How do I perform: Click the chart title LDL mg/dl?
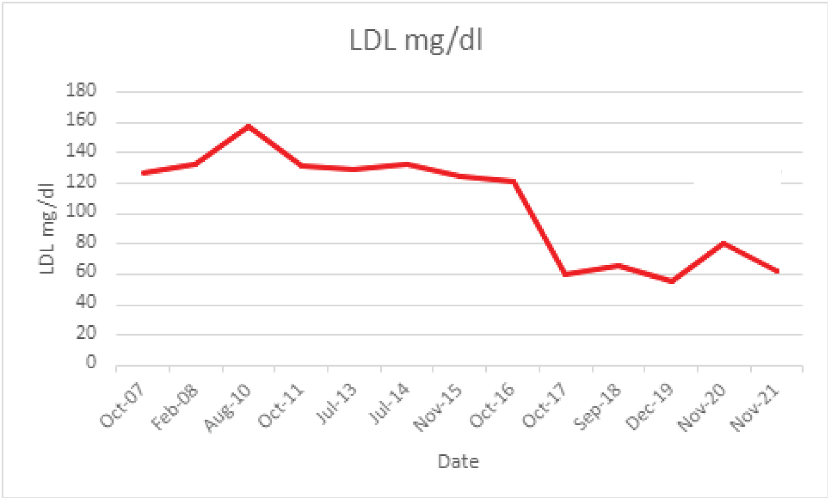[x=416, y=40]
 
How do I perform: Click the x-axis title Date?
[x=458, y=461]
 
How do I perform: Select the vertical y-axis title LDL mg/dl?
[x=47, y=228]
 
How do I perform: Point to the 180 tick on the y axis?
[x=81, y=90]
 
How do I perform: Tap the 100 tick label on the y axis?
[x=81, y=211]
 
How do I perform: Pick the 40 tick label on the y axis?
[x=86, y=302]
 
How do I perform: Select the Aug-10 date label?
[x=227, y=407]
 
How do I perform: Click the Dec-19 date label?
[x=650, y=407]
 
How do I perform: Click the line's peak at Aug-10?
[x=249, y=126]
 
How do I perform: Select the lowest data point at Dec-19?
[x=672, y=281]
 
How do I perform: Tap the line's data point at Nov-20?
[x=724, y=243]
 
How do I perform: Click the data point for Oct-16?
[x=513, y=181]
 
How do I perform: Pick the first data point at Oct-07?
[x=144, y=173]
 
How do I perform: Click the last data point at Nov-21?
[x=777, y=271]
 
